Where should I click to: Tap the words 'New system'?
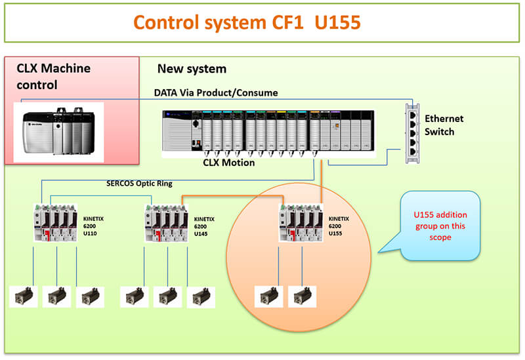click(x=192, y=69)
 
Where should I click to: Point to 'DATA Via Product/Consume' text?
click(x=216, y=93)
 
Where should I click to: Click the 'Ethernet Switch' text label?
click(x=444, y=125)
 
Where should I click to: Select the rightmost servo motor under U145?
click(x=201, y=296)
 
